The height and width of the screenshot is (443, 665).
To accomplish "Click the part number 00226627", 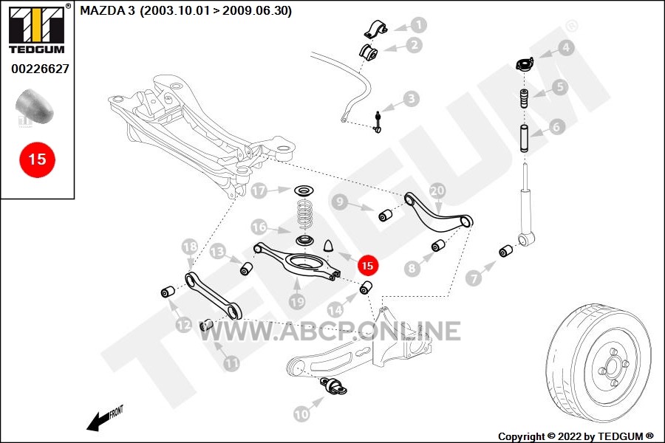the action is [40, 69].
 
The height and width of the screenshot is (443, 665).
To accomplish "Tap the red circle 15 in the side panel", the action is [38, 159].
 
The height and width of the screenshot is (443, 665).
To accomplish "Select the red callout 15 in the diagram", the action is [367, 265].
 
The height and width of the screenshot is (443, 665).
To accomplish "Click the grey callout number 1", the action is [418, 25].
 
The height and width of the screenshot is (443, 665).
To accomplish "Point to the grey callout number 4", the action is [565, 48].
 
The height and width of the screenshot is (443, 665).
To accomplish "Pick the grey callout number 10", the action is [301, 413].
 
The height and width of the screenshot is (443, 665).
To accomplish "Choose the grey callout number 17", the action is [259, 190].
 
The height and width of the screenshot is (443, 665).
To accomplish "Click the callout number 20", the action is [437, 190].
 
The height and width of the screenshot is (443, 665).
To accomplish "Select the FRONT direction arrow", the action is [104, 419].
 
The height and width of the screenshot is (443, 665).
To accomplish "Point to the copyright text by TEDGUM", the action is [576, 436].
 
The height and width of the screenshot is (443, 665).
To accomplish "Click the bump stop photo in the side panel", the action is [35, 106].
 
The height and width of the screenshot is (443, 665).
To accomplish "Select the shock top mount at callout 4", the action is [525, 64].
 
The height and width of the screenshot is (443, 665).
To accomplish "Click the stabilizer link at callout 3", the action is [377, 122].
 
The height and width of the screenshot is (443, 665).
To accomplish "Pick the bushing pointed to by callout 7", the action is [506, 250].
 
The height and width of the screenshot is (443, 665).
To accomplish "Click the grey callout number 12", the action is [184, 325].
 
